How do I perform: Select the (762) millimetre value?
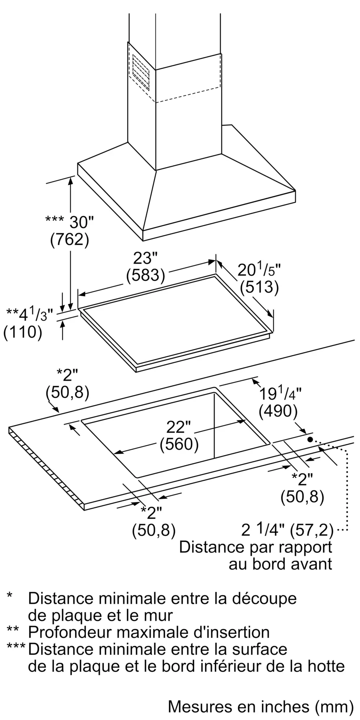(x=69, y=240)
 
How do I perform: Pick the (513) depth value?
(x=260, y=287)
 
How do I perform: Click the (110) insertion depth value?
(x=22, y=332)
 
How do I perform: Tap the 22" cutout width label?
(x=179, y=427)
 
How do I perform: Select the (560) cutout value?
(x=179, y=444)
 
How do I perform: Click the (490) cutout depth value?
(x=278, y=411)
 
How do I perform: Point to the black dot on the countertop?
(x=310, y=440)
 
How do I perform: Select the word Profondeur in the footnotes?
(x=70, y=632)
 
